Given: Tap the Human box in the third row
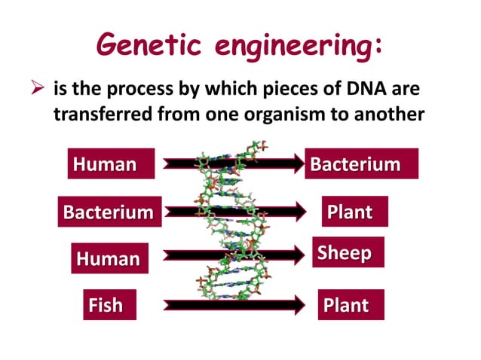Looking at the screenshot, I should point(108,258).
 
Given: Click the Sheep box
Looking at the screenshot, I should point(348,252).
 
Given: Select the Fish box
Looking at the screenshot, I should point(106,305).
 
